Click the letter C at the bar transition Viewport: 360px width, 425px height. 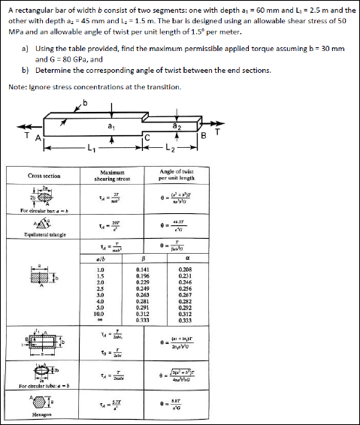[147, 137]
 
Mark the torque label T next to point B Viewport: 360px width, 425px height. [216, 135]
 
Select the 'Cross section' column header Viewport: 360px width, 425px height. [44, 176]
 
